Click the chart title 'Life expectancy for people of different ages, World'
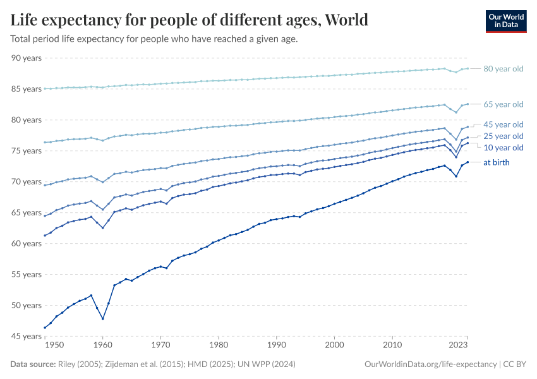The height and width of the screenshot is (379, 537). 189,20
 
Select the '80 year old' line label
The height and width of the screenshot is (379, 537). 503,69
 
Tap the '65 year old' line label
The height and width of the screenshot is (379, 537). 503,104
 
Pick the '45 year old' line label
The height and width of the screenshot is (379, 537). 503,124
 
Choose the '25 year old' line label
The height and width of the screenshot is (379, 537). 503,136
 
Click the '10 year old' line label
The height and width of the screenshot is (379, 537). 503,148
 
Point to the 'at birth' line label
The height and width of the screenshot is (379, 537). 496,162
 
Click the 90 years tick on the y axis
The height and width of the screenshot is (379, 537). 27,58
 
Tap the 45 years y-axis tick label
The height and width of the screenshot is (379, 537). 27,336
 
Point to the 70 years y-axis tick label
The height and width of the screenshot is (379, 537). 27,182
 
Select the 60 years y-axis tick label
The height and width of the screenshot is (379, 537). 27,244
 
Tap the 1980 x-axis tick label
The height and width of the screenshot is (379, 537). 219,346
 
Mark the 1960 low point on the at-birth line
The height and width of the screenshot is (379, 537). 102,318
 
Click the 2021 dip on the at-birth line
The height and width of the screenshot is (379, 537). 456,176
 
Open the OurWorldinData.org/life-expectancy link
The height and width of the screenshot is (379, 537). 430,364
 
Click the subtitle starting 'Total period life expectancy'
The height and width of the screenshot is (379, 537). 154,39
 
